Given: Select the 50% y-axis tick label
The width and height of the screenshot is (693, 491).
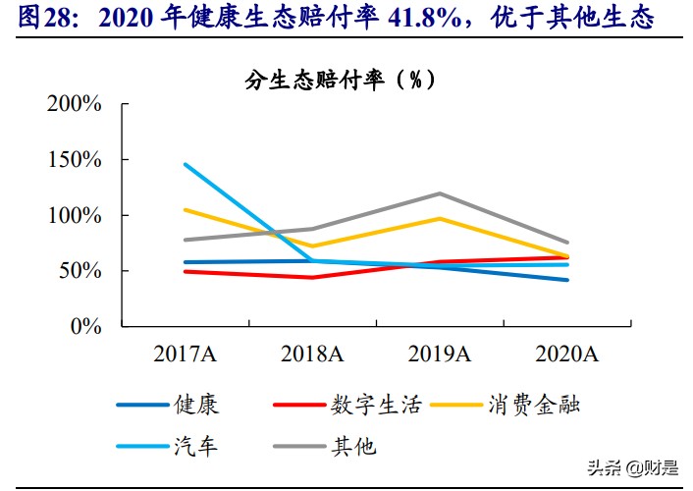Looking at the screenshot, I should pos(79,271).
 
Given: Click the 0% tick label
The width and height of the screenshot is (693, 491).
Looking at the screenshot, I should pos(84,326).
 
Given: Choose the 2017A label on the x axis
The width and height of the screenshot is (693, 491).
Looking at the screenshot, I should pos(184,354).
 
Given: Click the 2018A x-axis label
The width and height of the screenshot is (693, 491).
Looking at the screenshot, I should pos(311,354).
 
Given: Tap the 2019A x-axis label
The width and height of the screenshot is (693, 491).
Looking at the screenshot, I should pos(439,354).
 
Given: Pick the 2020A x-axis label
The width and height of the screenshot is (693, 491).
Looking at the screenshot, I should pos(566,354).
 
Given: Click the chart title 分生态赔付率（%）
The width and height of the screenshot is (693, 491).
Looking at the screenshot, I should pos(340,80).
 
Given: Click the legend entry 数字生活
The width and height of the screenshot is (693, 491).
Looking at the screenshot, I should pos(376,405).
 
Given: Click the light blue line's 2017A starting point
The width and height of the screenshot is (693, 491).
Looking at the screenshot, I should pos(185,164).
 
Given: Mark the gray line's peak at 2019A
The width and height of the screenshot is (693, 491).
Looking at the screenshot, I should pos(439,193).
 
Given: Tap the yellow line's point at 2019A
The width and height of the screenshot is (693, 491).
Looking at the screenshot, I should pos(439,218).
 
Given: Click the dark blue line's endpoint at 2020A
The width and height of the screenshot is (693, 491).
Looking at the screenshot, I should pos(566,280).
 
